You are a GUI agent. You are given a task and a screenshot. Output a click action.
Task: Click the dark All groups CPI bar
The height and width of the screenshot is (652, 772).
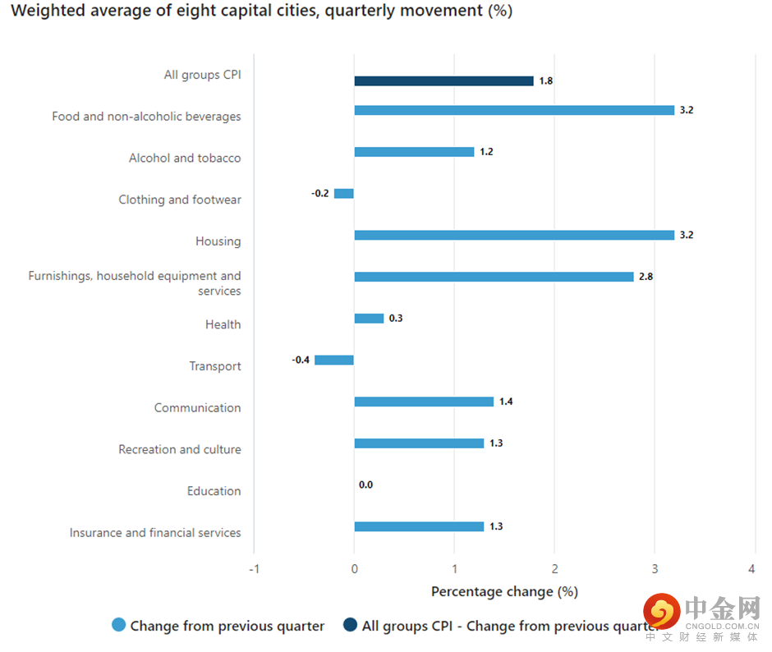[443, 81]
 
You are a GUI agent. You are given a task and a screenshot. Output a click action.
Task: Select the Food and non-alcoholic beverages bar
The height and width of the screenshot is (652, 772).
[514, 110]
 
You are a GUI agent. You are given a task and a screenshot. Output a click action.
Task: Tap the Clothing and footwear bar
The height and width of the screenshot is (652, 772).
[344, 194]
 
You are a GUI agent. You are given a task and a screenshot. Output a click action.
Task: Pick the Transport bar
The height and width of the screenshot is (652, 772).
[334, 360]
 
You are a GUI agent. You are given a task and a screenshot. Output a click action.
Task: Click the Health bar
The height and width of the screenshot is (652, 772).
[369, 319]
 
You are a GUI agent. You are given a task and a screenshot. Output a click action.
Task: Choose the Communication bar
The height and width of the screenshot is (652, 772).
[424, 402]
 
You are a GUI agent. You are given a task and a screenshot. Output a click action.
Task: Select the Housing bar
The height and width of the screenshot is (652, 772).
[514, 235]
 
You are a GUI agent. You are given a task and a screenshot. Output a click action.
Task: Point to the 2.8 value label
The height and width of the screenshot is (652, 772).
[646, 277]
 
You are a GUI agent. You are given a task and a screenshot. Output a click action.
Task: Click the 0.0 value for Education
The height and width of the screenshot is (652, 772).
[365, 485]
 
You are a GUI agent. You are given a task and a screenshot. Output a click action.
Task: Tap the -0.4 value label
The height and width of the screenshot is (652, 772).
[301, 360]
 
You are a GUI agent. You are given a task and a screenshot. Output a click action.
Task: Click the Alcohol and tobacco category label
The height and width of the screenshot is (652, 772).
[185, 158]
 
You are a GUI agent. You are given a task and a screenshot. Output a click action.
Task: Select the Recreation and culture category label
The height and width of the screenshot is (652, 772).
[180, 449]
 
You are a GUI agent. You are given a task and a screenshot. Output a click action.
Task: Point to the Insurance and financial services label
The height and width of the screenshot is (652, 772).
[155, 533]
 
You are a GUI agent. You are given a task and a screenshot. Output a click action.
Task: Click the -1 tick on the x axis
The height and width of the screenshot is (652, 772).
[254, 569]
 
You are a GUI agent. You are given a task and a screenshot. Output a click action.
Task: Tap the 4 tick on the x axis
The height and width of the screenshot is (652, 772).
[752, 569]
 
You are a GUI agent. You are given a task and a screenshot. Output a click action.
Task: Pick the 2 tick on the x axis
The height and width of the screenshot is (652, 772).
[554, 569]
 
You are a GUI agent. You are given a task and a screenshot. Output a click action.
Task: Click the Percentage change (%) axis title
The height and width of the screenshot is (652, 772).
[504, 591]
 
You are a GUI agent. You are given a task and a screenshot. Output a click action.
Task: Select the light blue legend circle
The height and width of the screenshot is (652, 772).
[119, 626]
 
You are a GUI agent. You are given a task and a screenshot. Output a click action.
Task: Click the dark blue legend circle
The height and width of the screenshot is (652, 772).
[350, 626]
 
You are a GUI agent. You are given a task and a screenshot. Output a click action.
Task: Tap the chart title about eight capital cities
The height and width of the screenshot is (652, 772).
[261, 11]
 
